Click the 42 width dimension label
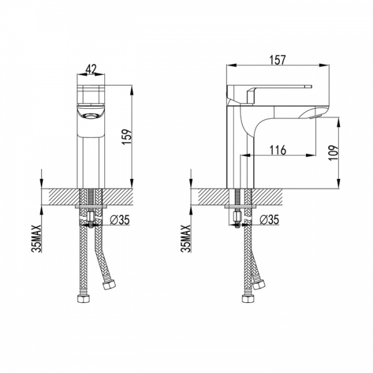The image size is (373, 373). [x=91, y=69]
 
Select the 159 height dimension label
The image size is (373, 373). [x=127, y=137]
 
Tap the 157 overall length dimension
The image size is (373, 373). [x=277, y=60]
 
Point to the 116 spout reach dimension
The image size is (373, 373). [x=278, y=150]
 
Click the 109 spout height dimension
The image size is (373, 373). [x=333, y=153]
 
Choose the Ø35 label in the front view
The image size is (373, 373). [x=120, y=219]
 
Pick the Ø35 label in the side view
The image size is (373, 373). [x=269, y=219]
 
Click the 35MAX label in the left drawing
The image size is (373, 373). [x=37, y=238]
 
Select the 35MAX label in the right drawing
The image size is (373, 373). [x=186, y=238]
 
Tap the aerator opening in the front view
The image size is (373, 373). [x=91, y=116]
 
